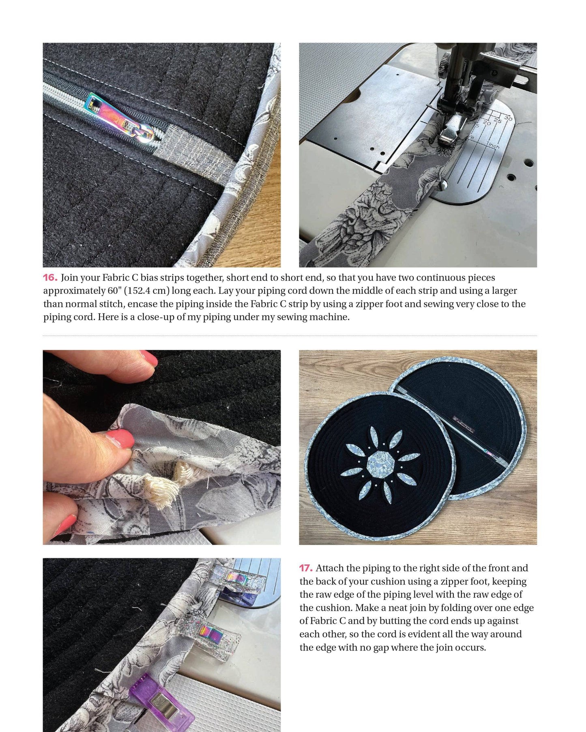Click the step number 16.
[50, 278]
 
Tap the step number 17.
[306, 568]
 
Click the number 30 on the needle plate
[508, 118]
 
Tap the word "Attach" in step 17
[329, 568]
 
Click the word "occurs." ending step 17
[471, 648]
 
